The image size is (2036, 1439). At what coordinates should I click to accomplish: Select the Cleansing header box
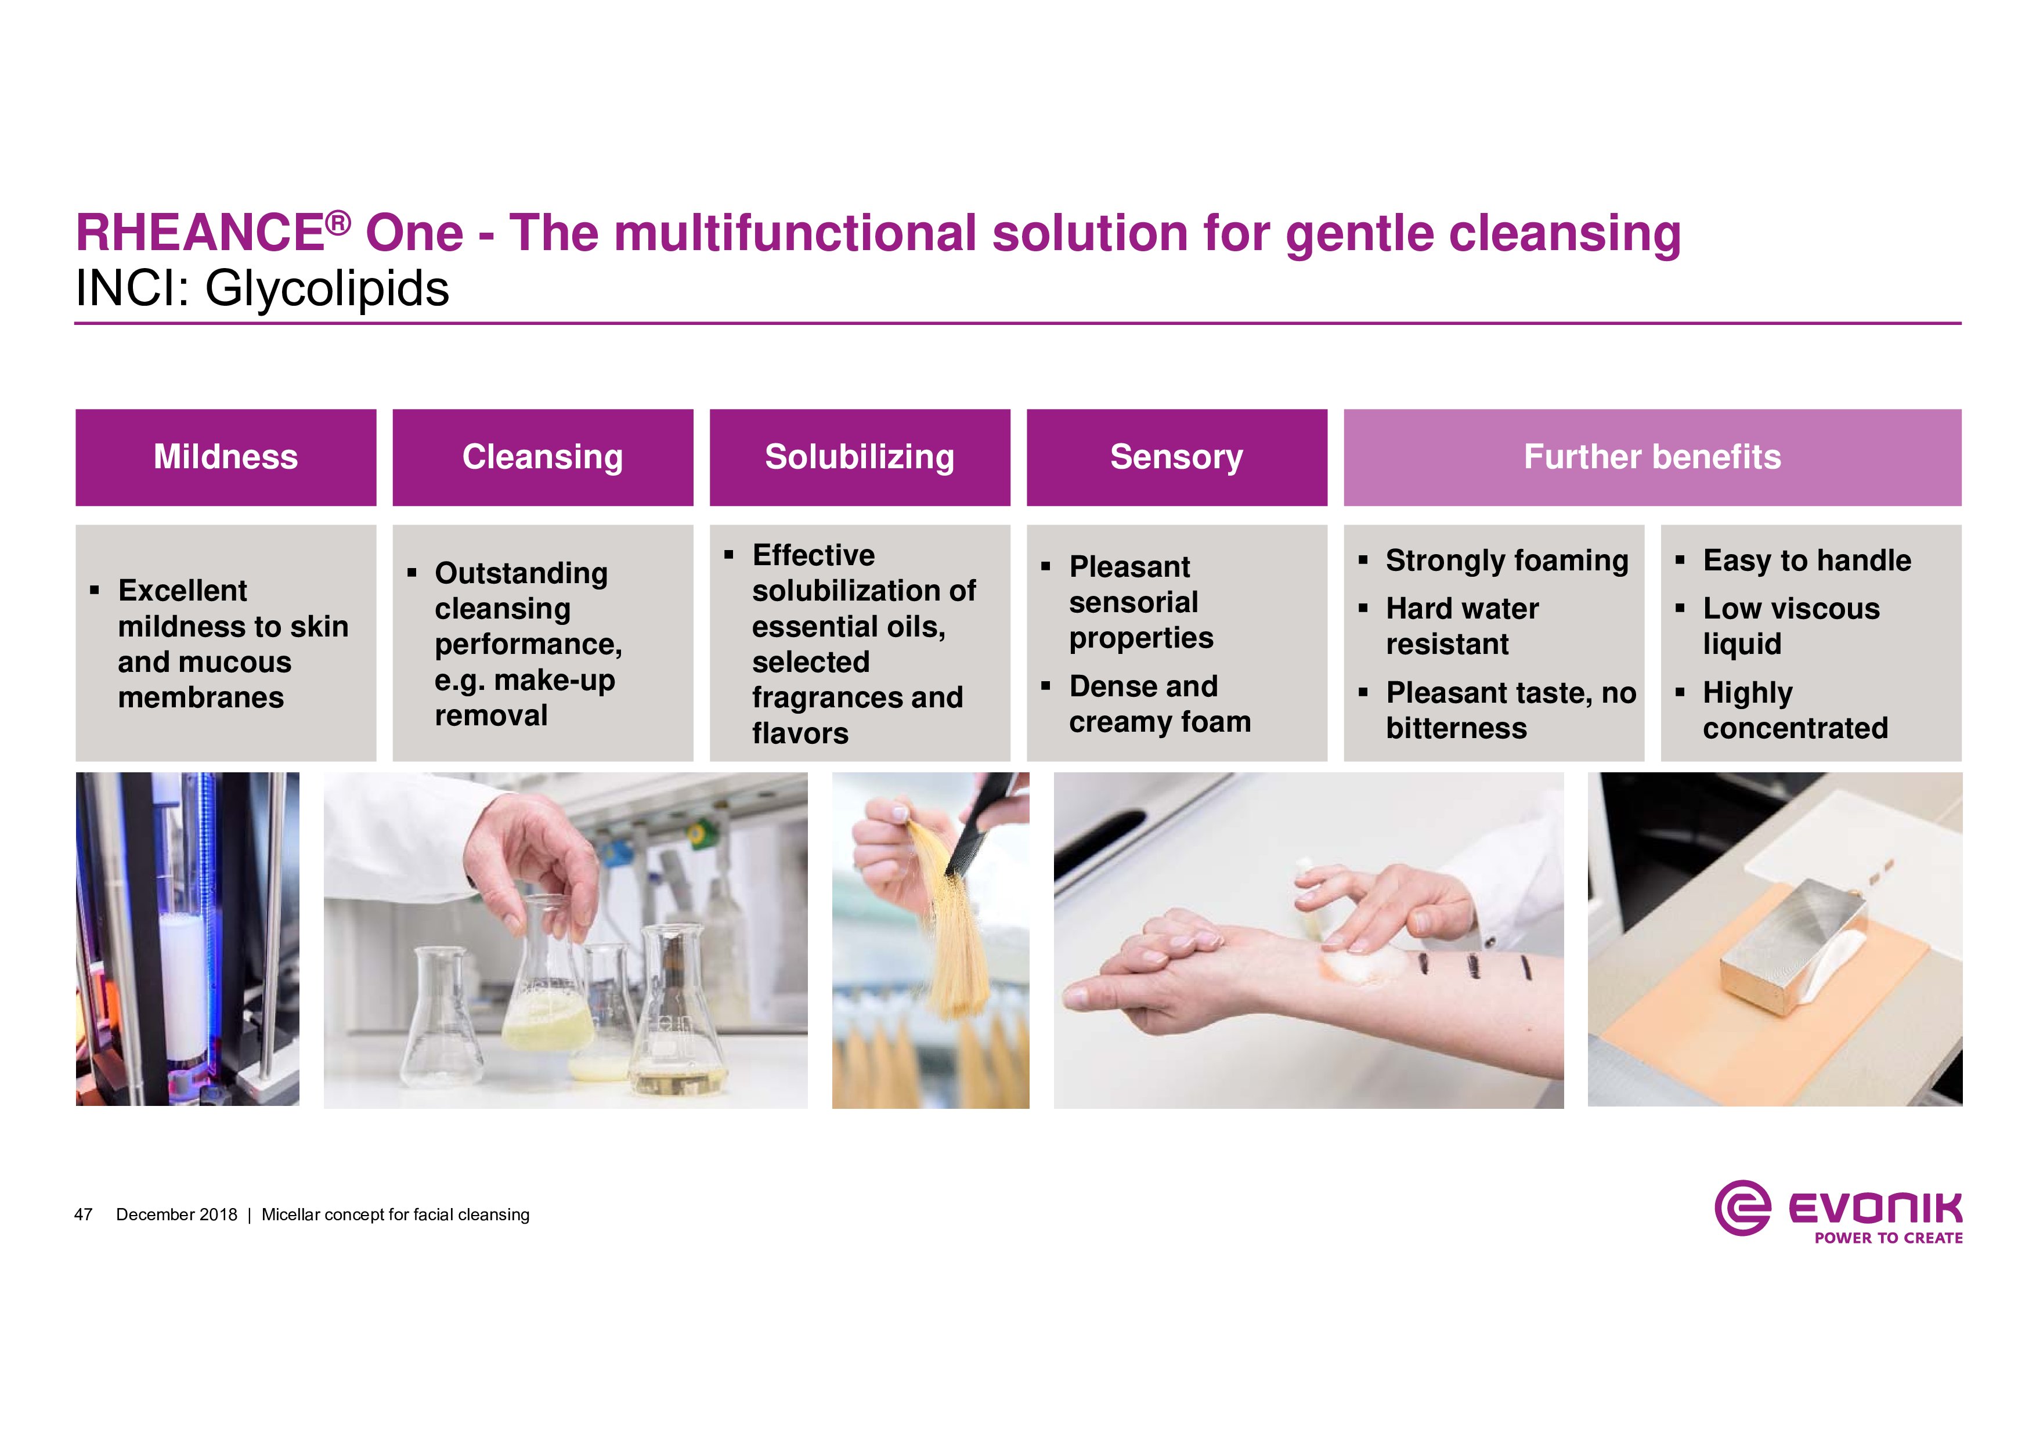(x=543, y=457)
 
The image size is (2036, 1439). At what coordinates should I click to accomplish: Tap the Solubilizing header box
(x=860, y=457)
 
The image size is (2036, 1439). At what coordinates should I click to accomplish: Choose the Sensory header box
(x=1176, y=457)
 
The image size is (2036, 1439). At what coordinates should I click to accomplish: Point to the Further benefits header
(x=1652, y=457)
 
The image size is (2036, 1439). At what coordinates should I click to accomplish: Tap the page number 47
(x=84, y=1214)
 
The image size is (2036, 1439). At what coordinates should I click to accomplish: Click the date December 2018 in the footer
(x=176, y=1214)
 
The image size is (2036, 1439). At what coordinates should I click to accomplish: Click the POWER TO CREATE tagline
(x=1888, y=1238)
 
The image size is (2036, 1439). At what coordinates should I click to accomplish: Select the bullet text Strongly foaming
(x=1507, y=561)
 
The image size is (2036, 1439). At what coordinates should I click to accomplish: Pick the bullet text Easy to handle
(x=1807, y=561)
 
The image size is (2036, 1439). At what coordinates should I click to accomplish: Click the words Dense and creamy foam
(x=1160, y=704)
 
